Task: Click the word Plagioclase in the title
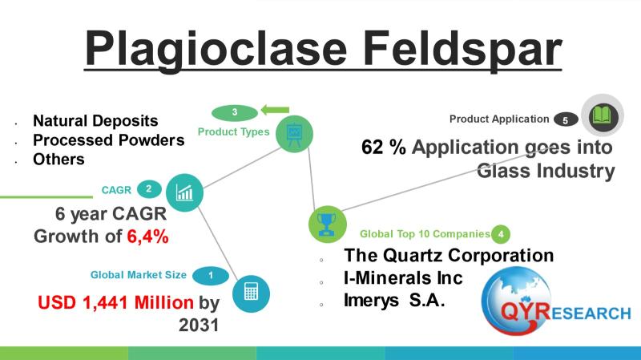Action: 216,49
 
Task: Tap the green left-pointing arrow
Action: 275,110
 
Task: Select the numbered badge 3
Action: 235,112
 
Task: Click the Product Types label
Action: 233,131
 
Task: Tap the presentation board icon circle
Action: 294,134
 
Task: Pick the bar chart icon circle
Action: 184,192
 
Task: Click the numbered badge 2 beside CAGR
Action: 149,189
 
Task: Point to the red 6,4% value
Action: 147,237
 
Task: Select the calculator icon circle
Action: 251,293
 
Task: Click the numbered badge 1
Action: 211,275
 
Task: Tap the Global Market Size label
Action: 138,275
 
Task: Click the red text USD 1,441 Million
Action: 115,303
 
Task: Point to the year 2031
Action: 199,326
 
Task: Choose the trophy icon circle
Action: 327,224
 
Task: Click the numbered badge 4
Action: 500,234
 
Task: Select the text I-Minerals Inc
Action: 403,278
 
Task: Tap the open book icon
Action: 603,115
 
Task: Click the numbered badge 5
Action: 566,119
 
